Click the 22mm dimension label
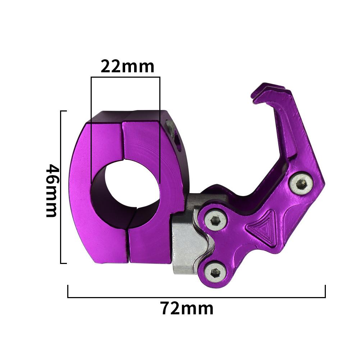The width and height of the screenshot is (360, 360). pyautogui.click(x=127, y=67)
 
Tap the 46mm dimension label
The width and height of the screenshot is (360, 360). pyautogui.click(x=52, y=191)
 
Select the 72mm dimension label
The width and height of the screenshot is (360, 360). pyautogui.click(x=187, y=309)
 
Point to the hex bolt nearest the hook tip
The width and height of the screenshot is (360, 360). pyautogui.click(x=301, y=183)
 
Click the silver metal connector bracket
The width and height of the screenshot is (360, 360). pyautogui.click(x=187, y=245)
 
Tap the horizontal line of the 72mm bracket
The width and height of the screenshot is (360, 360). pyautogui.click(x=196, y=297)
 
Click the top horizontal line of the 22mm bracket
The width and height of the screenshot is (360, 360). pyautogui.click(x=126, y=77)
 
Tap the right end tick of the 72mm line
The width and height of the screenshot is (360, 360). pyautogui.click(x=325, y=292)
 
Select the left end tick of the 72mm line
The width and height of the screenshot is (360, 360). pyautogui.click(x=68, y=292)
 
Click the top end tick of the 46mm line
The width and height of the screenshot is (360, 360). pyautogui.click(x=64, y=111)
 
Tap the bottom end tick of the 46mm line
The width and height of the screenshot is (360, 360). pyautogui.click(x=64, y=263)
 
